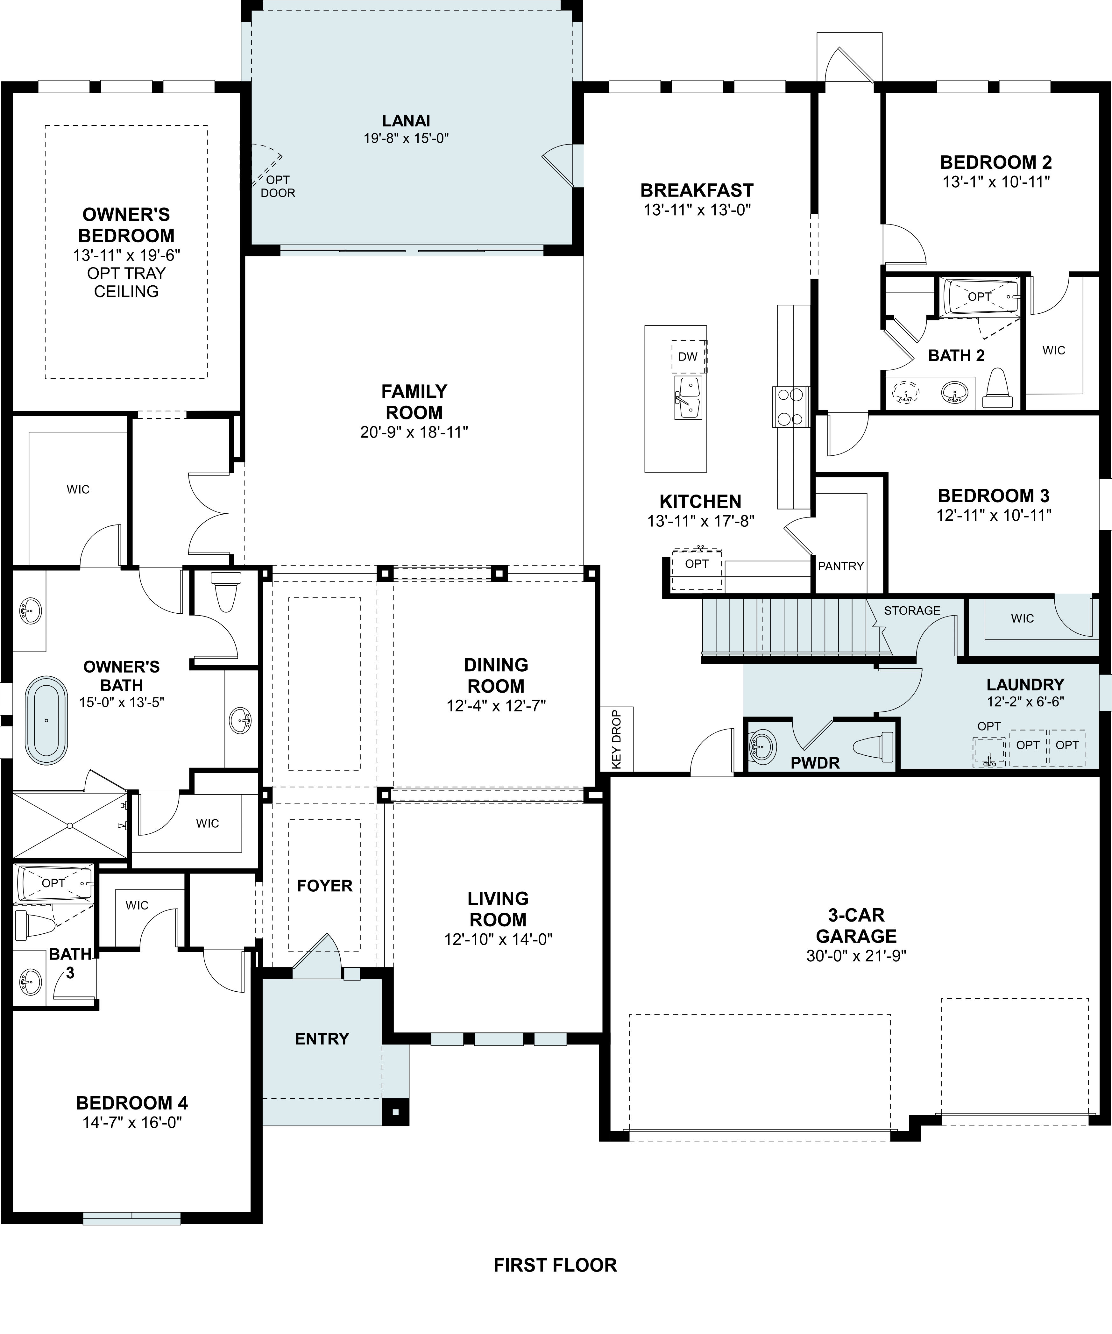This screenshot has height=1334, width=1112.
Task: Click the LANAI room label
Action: click(406, 121)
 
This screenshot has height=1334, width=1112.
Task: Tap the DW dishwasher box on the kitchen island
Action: click(688, 357)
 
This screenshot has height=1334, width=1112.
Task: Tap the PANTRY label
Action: click(841, 566)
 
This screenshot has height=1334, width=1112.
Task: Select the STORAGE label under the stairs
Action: click(912, 610)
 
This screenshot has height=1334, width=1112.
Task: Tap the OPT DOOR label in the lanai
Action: click(278, 186)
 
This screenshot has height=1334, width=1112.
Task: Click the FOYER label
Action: click(324, 886)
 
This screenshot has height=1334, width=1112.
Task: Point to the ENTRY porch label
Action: click(322, 1038)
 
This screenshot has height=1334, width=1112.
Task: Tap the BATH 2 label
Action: click(956, 356)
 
